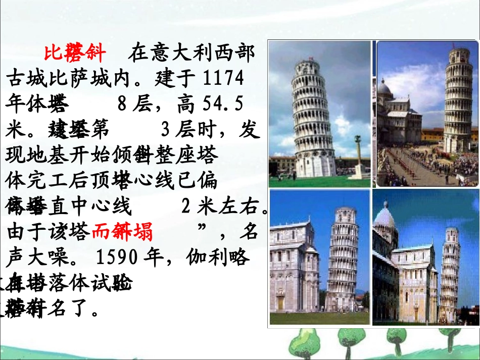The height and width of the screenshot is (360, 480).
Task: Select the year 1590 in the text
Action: (x=119, y=258)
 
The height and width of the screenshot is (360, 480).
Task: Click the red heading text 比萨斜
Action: (x=75, y=52)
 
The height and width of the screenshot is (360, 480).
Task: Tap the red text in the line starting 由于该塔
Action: (x=122, y=232)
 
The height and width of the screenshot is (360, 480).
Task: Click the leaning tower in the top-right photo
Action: (x=457, y=101)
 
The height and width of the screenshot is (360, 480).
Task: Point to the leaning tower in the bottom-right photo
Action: (x=450, y=273)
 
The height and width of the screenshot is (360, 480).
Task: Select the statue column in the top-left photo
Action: (x=358, y=157)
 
